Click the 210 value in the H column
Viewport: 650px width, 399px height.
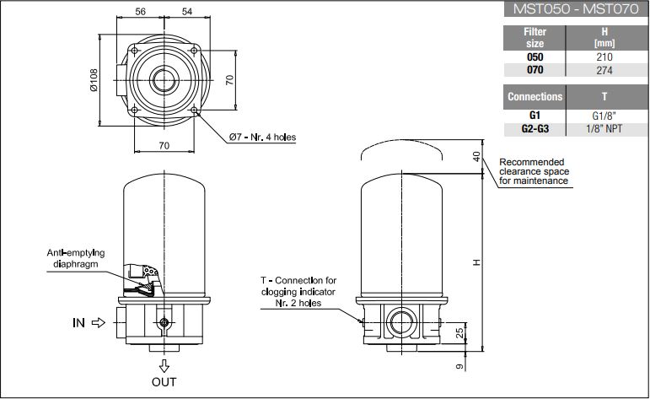[604, 57]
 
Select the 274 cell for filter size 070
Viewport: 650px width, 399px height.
[604, 70]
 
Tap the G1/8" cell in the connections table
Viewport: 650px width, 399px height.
[604, 116]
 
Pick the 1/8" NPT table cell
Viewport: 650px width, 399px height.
[604, 129]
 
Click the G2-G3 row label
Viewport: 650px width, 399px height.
[535, 129]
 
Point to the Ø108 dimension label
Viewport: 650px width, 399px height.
[94, 80]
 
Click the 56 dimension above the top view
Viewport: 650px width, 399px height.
[141, 12]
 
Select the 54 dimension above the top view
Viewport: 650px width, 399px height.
[187, 12]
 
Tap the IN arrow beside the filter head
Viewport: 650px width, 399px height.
[99, 323]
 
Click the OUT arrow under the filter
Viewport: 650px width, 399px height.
[164, 366]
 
